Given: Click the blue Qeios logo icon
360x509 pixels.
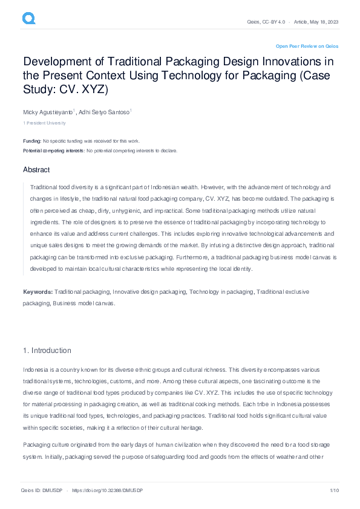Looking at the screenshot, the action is (x=28, y=19).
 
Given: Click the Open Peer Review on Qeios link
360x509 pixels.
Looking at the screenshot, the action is (x=307, y=46).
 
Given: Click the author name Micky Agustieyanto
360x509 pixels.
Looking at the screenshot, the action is (x=48, y=112).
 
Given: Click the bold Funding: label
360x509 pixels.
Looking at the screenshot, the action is (x=32, y=141).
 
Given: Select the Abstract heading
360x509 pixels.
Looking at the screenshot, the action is (x=36, y=170).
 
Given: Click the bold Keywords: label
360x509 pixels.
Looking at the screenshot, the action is (x=38, y=292).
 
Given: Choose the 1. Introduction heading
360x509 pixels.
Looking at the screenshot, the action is (x=47, y=351).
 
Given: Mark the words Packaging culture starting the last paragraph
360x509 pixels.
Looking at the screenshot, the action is (x=46, y=427).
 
